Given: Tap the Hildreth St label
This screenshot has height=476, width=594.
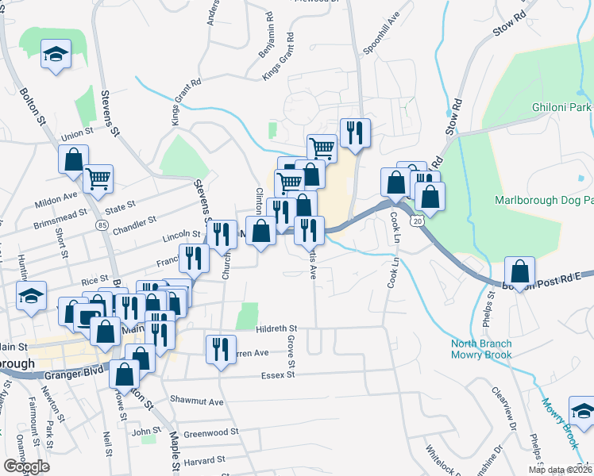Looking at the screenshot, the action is pyautogui.click(x=276, y=328).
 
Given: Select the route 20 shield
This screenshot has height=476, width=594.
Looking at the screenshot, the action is pyautogui.click(x=418, y=221).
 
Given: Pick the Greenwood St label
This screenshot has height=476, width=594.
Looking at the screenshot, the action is pyautogui.click(x=210, y=432).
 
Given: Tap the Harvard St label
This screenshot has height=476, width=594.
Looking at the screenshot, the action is pyautogui.click(x=205, y=459).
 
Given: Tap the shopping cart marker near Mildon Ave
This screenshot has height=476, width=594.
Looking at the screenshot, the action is pyautogui.click(x=98, y=178).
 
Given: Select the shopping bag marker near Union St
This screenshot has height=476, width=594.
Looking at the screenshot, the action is pyautogui.click(x=73, y=159).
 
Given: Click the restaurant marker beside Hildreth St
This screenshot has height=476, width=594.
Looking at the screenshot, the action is pyautogui.click(x=220, y=349).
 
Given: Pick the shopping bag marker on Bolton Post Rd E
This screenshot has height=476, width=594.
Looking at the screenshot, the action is pyautogui.click(x=519, y=272).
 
